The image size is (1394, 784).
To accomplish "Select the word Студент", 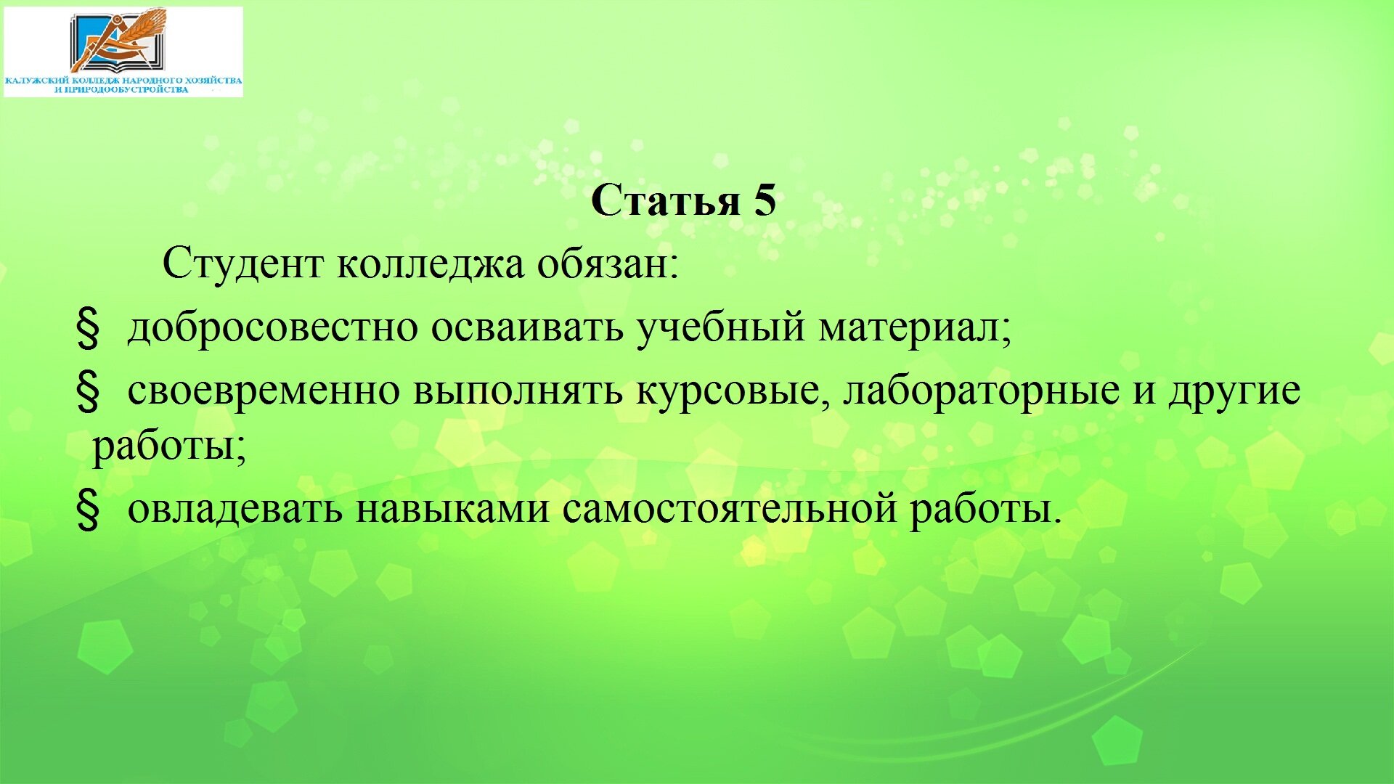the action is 243,264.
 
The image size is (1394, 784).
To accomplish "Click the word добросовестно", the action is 273,328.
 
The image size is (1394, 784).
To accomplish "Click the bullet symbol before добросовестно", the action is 88,329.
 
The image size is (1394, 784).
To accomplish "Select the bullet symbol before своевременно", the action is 88,393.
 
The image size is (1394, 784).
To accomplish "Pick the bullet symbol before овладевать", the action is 88,510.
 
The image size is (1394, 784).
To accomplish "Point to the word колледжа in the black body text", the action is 431,264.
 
